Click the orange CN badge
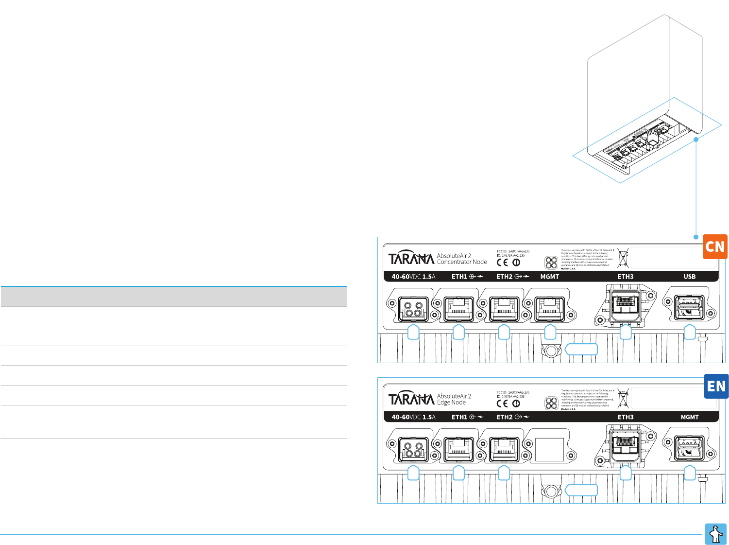point(715,246)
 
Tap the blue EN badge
point(716,387)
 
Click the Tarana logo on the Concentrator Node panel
point(411,258)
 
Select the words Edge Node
point(451,403)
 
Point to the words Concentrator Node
point(462,262)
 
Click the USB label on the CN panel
point(690,277)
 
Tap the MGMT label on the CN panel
point(550,277)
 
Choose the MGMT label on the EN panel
point(690,417)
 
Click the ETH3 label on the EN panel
point(626,417)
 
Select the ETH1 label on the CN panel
point(459,277)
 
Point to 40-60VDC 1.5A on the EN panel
point(413,417)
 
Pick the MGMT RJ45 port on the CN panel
point(549,309)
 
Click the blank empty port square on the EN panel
point(549,449)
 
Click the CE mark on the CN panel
point(502,263)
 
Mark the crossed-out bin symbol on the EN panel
point(623,398)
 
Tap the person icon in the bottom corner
point(716,534)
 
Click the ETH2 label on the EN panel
point(505,417)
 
